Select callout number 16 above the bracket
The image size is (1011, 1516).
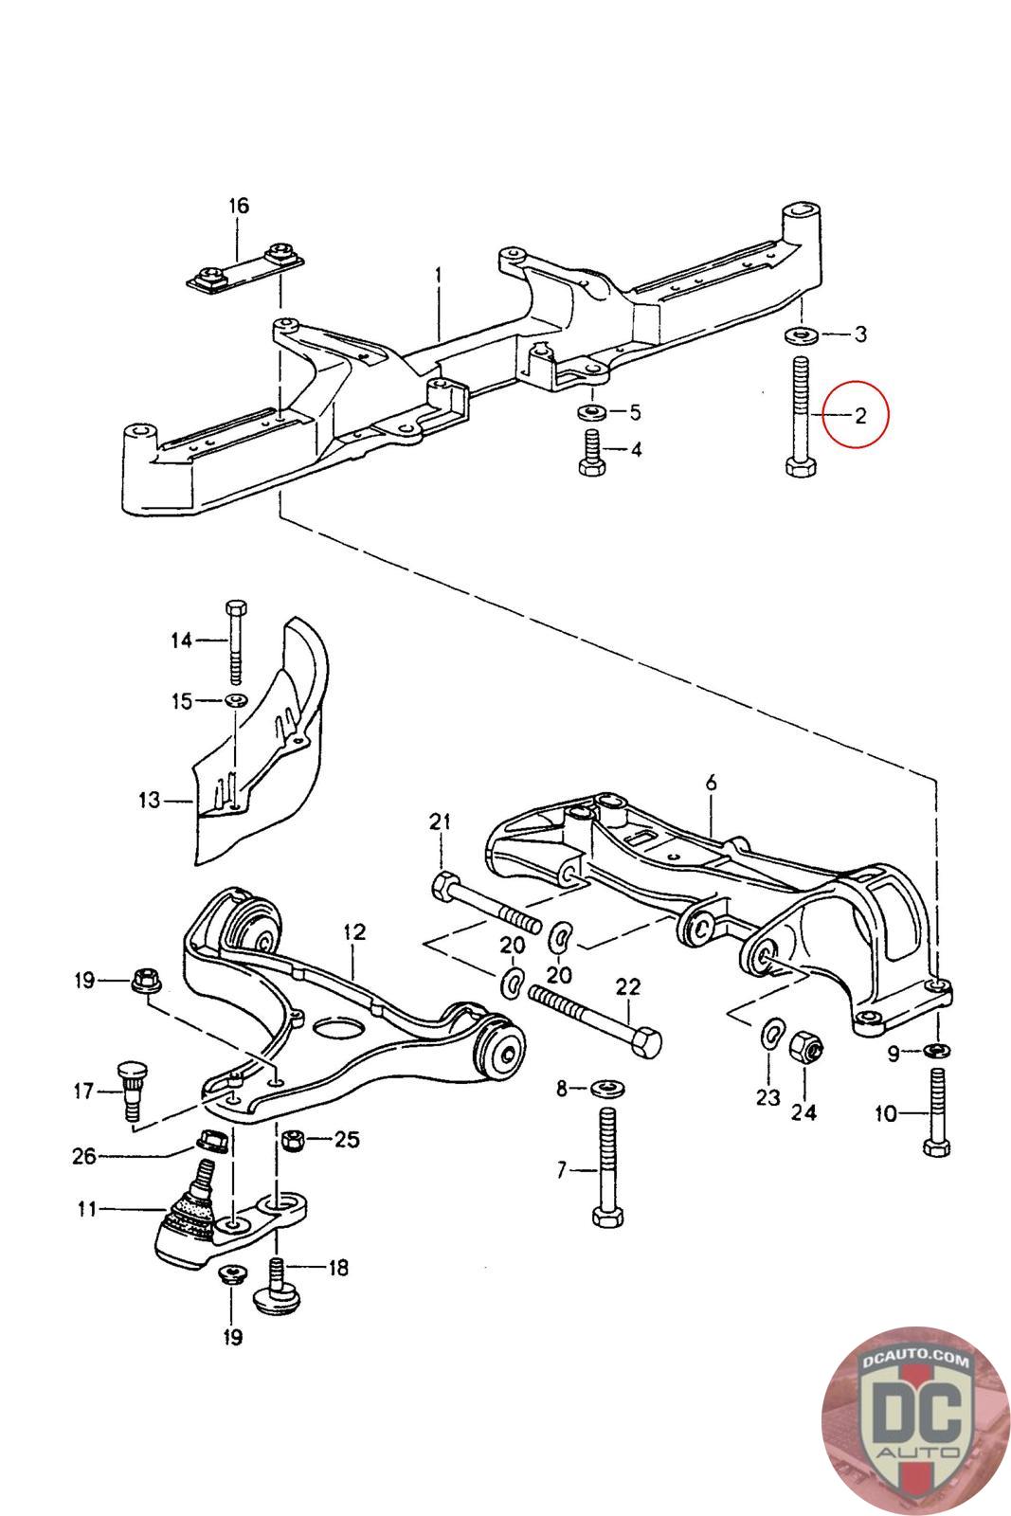point(238,206)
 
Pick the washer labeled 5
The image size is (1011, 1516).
point(593,412)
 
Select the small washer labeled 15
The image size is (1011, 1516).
point(235,701)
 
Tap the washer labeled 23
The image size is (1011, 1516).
point(772,1033)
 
